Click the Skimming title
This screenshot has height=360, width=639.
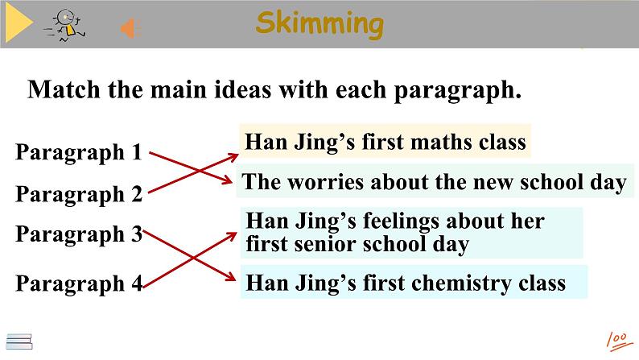click(320, 24)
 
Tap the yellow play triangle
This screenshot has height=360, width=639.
click(19, 23)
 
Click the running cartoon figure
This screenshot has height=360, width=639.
click(65, 26)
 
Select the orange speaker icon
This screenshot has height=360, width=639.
click(130, 28)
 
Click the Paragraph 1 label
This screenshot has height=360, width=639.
click(79, 153)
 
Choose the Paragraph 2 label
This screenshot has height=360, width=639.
click(79, 194)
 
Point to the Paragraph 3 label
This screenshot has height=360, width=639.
click(79, 235)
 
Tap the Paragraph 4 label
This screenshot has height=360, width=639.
click(79, 283)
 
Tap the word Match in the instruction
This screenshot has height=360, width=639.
click(64, 89)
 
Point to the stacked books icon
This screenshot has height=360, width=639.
click(19, 341)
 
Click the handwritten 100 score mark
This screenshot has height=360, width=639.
click(620, 341)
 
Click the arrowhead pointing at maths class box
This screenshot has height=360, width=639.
click(233, 156)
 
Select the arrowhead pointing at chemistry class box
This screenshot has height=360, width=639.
click(231, 277)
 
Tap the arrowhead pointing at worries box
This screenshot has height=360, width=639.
click(228, 180)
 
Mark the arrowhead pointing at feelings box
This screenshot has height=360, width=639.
click(233, 236)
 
